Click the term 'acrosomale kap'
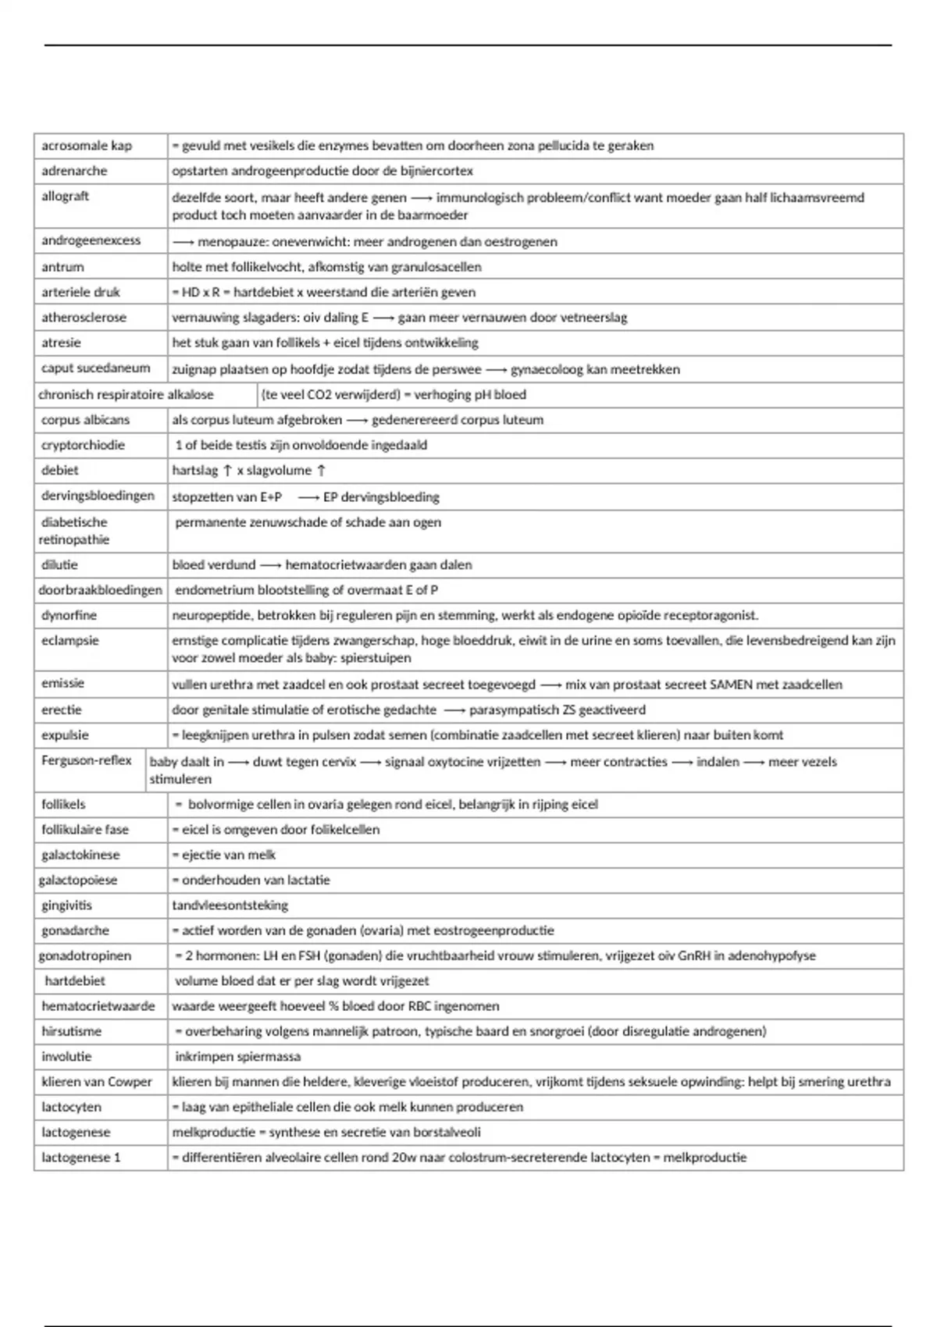pos(87,146)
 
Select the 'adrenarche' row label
pos(74,171)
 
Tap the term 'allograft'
pos(65,196)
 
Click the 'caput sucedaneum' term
pos(95,368)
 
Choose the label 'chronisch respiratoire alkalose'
pos(126,395)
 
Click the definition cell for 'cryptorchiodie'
pos(301,445)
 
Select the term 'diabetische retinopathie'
pos(74,531)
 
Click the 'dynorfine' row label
pos(69,615)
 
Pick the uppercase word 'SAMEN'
pos(731,685)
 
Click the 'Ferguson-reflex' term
pos(87,760)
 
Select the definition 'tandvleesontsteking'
pos(230,905)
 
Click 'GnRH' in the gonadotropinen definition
pos(700,955)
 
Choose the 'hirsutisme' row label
pos(72,1031)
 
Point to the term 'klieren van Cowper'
pos(97,1082)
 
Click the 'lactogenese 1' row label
pos(81,1158)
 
